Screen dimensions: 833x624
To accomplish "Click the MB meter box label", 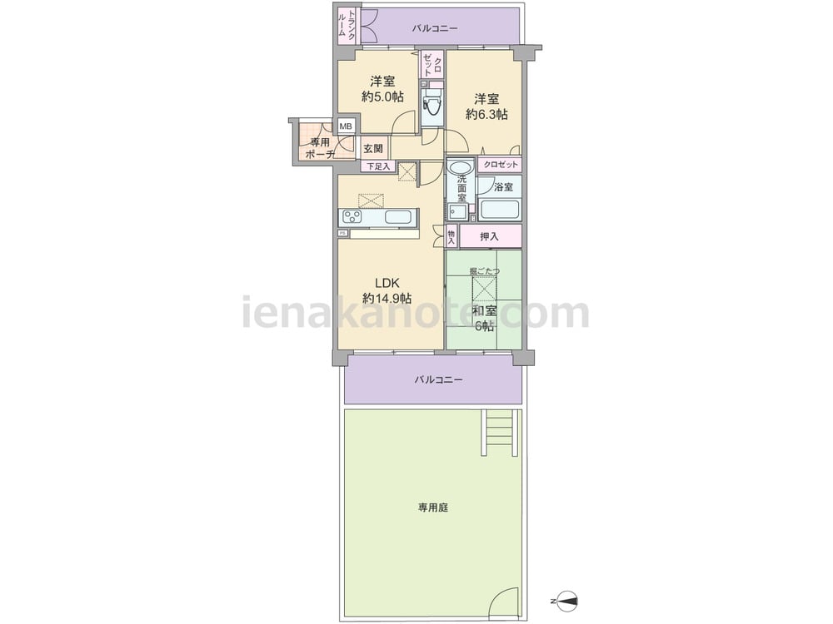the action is point(346,126).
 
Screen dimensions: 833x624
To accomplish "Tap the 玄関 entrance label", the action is point(373,148).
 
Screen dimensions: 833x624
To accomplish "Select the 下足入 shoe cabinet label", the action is point(378,166).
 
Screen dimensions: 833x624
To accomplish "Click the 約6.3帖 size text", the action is point(486,114).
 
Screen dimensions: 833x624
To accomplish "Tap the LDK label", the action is point(387,282).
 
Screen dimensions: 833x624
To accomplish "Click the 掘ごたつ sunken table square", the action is point(484,290).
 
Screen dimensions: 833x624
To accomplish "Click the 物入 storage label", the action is point(451,236).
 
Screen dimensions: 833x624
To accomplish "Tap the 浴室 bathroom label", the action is point(503,186).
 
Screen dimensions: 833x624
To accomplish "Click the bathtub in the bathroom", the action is point(499,210).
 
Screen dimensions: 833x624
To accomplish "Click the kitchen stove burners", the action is point(352,217).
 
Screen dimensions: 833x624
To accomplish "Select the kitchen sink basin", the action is point(398,217).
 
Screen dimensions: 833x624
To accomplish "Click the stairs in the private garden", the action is point(499,433).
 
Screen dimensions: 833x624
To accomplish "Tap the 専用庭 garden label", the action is point(433,508).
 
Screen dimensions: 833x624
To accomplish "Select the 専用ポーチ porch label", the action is point(321,148).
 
